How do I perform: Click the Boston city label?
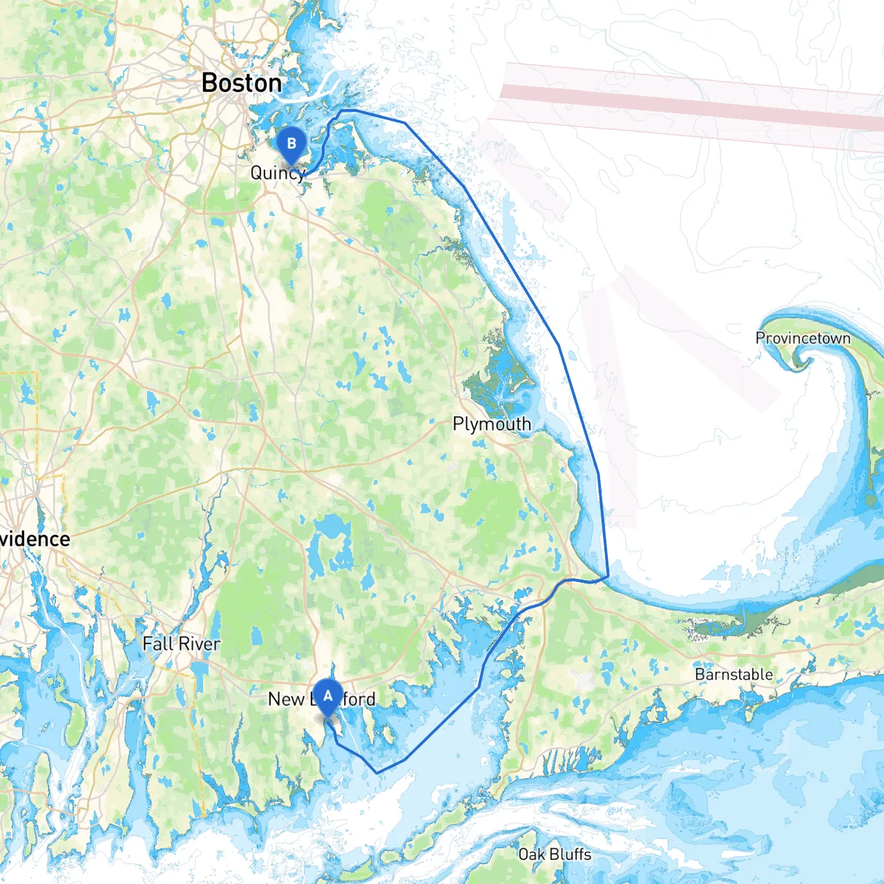[242, 84]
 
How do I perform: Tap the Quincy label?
[278, 173]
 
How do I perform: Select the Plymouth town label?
[492, 424]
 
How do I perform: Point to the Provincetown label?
[803, 338]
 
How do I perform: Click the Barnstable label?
[733, 674]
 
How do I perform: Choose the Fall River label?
[181, 644]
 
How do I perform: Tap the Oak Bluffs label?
[555, 854]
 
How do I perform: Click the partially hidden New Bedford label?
[322, 700]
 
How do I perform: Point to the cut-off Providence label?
[35, 539]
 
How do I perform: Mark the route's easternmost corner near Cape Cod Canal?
[608, 575]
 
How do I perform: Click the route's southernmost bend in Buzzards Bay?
[377, 772]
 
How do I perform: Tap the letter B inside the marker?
[291, 143]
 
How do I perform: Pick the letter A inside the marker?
[327, 696]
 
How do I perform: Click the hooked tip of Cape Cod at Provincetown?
[801, 359]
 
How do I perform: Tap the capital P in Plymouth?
[458, 424]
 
